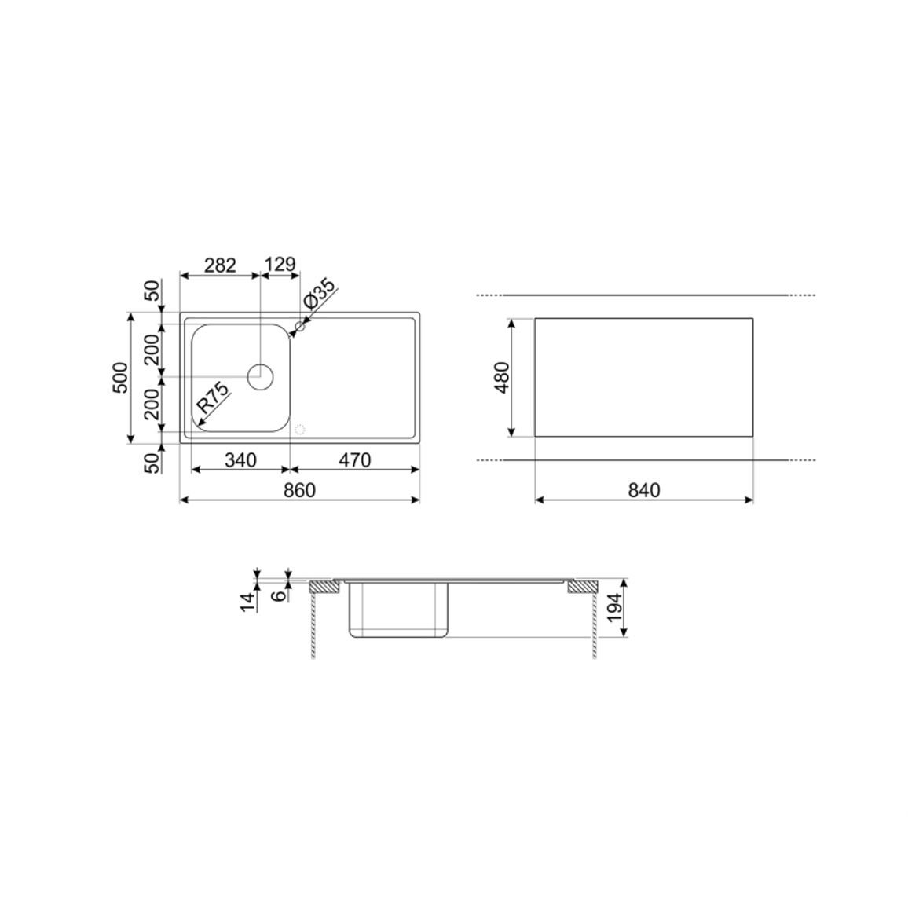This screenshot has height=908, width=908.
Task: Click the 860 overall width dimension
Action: coord(300,490)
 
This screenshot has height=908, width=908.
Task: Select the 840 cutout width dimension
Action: coord(644,490)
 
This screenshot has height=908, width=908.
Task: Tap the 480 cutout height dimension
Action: coord(502,377)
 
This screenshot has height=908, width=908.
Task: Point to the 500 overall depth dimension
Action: coord(120,377)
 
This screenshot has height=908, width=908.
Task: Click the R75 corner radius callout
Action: coord(213,397)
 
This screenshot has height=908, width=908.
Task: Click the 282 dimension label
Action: coord(220,265)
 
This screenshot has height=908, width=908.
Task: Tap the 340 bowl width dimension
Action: coord(240,459)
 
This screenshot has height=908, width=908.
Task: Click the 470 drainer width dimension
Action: coord(354,459)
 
